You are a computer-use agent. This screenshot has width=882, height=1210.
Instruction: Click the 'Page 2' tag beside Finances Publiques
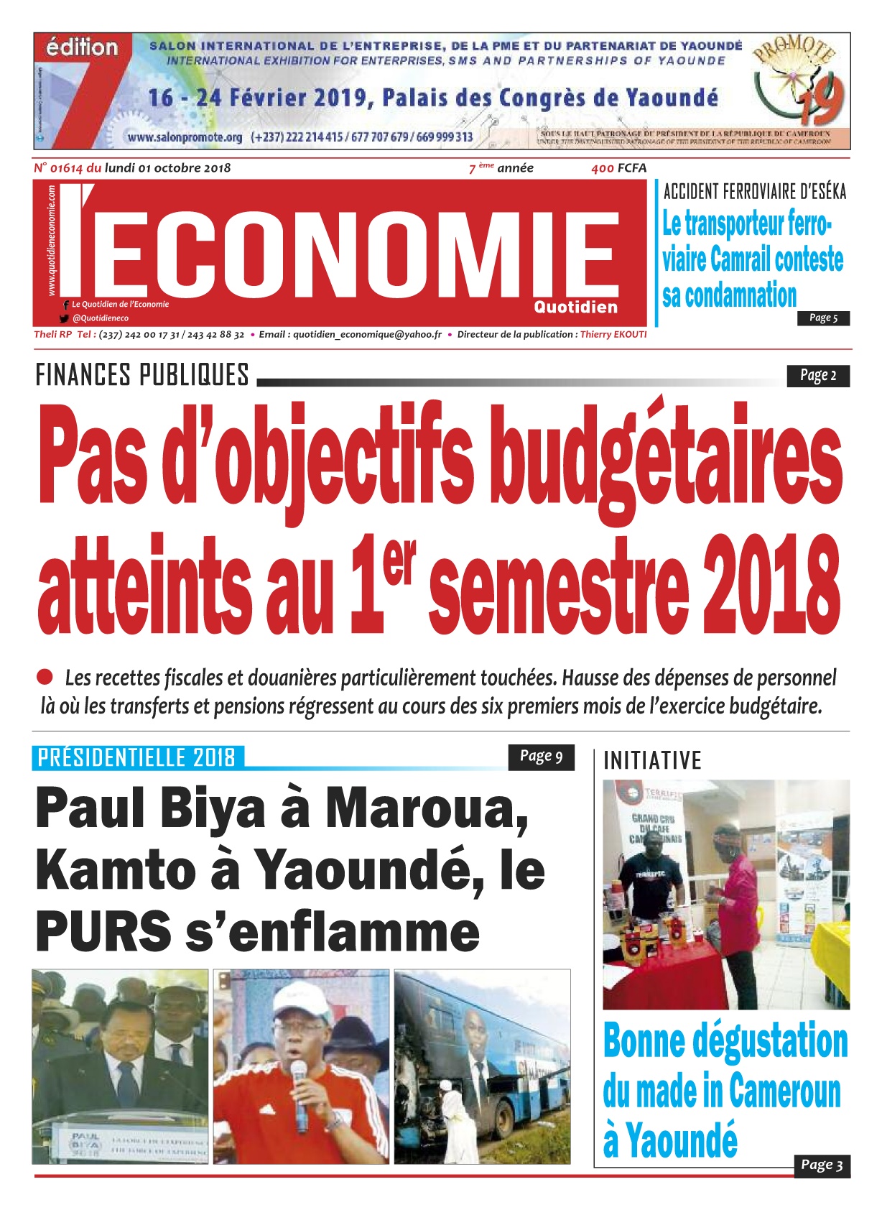pos(818,375)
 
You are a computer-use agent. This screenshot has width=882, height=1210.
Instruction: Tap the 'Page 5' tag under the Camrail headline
pos(823,318)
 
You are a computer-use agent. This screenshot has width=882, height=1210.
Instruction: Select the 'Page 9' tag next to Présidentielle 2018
pos(541,756)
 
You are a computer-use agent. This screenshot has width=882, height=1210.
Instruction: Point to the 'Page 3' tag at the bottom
pos(822,1165)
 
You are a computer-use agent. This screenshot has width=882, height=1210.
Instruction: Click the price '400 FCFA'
pos(618,168)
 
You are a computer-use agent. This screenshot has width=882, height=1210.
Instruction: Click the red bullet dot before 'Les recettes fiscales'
pos(45,677)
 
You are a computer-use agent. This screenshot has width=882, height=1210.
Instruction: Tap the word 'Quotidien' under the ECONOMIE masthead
pos(575,307)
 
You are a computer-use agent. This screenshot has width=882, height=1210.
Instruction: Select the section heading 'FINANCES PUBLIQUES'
pos(142,375)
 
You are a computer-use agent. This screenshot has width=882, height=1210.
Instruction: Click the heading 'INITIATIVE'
pos(652,760)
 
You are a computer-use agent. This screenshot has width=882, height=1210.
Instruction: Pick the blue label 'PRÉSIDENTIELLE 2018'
pos(136,757)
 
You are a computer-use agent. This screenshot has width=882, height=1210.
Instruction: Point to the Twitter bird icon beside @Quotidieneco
pos(65,318)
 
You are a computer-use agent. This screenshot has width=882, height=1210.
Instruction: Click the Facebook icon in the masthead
pos(66,305)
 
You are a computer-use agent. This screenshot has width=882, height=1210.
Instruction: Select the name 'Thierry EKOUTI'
pos(613,334)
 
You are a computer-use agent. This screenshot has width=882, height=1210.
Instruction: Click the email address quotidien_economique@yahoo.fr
pos(367,334)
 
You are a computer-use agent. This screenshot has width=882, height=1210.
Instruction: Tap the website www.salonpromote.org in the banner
pos(185,137)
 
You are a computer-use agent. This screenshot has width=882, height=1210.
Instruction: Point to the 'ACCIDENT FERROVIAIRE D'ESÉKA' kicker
pos(754,192)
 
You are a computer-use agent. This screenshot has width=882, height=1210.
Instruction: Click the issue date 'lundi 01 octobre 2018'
pos(167,168)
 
